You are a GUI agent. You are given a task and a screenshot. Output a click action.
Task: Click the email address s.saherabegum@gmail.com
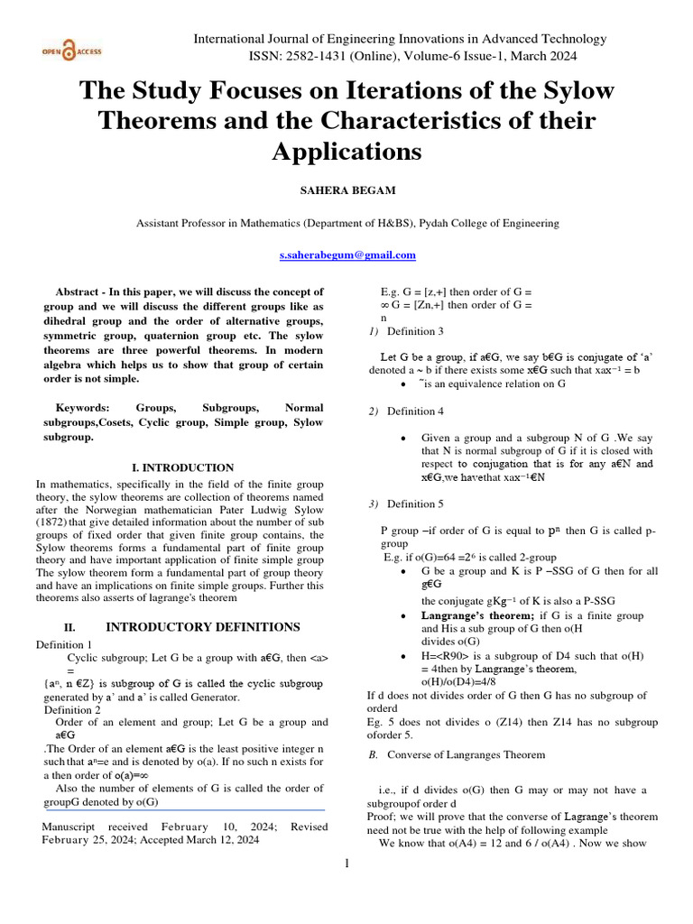tap(347, 255)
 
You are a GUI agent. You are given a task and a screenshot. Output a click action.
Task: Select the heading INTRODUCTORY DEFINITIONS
tap(203, 627)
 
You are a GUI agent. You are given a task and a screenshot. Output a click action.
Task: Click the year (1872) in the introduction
tap(51, 523)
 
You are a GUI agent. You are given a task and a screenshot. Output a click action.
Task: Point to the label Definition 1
tap(63, 644)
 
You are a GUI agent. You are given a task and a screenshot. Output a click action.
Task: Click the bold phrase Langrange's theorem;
tap(477, 615)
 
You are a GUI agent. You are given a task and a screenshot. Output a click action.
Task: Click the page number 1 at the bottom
tap(346, 864)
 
